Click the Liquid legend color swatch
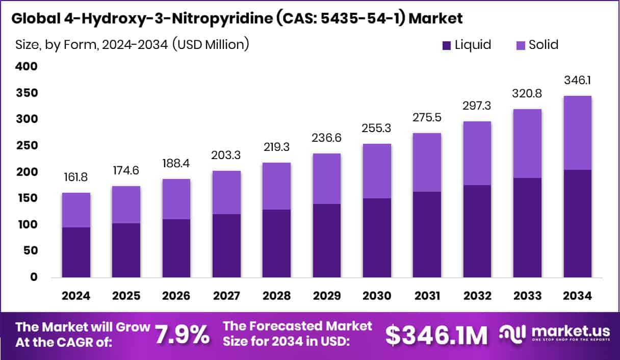click(x=446, y=45)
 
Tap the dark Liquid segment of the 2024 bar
click(x=76, y=252)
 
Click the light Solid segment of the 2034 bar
click(x=578, y=133)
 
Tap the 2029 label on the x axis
click(x=327, y=296)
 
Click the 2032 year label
click(x=477, y=296)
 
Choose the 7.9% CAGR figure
click(x=182, y=335)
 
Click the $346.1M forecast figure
click(x=436, y=335)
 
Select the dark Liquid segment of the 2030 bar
click(x=377, y=238)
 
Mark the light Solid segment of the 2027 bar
click(x=226, y=192)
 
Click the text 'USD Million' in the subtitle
click(x=210, y=44)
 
